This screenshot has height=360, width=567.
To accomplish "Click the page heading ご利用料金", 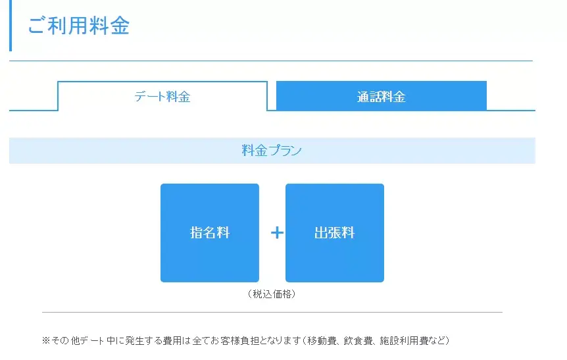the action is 78,26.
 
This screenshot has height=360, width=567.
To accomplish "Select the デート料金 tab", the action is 162,96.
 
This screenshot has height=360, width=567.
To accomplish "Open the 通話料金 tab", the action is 381,96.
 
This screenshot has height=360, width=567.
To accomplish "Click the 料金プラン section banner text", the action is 272,151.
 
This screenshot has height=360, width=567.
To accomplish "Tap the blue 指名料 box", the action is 210,232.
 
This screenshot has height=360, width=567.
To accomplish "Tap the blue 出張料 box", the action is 335,232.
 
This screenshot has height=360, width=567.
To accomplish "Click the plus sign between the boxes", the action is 277,232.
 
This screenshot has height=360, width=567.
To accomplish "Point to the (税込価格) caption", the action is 272,294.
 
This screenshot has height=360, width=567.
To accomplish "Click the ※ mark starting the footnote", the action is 45,340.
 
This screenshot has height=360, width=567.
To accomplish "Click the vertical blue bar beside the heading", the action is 11,25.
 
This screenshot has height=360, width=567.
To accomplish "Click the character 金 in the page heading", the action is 120,26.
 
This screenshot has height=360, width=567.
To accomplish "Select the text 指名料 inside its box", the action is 210,232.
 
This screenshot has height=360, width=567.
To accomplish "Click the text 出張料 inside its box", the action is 335,232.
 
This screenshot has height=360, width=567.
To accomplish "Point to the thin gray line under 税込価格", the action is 272,312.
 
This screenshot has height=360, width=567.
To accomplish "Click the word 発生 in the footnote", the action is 135,340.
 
